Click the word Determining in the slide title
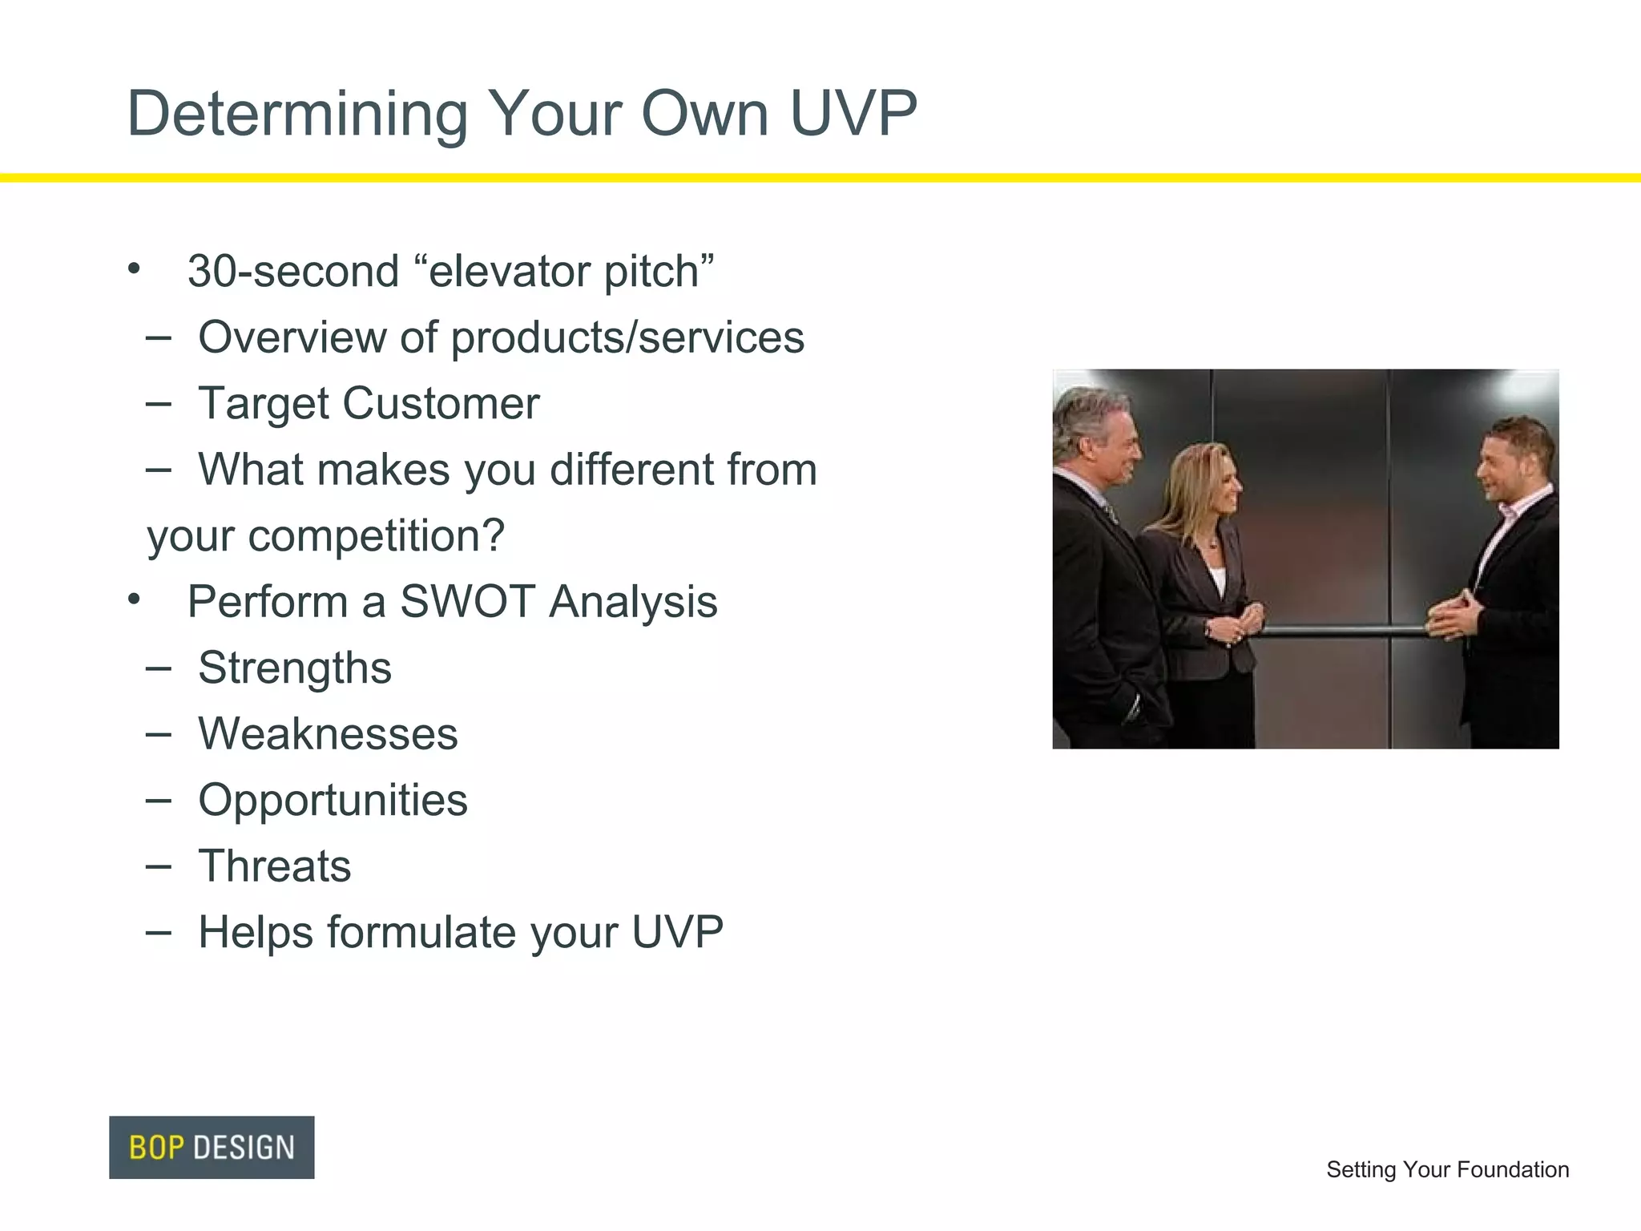coord(296,114)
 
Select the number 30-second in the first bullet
coord(293,271)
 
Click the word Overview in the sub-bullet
coord(292,337)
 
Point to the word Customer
coord(441,403)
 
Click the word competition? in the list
coord(377,535)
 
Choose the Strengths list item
coord(295,668)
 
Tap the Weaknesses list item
coord(328,733)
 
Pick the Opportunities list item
coord(333,800)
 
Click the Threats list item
coord(275,866)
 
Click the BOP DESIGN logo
coord(212,1147)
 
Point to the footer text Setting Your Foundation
coord(1447,1169)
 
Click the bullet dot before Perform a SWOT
coord(134,599)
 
